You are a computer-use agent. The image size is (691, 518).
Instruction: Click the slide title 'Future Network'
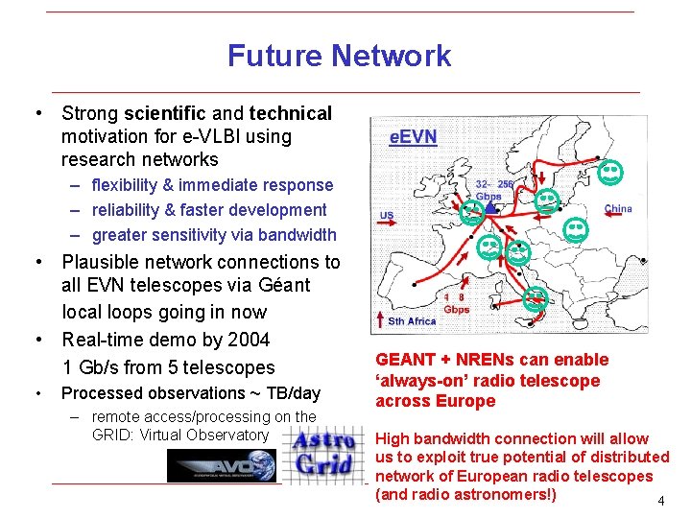point(339,56)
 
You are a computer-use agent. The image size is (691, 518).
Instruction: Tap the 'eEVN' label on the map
point(413,137)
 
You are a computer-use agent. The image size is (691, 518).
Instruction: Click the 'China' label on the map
point(617,208)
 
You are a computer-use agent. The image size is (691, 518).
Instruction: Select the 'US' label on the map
point(387,215)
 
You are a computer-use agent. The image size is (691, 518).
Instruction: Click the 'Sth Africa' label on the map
point(411,320)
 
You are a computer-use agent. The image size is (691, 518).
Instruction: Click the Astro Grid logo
point(325,456)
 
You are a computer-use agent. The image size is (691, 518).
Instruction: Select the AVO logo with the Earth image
point(223,466)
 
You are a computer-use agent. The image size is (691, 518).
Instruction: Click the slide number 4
point(660,501)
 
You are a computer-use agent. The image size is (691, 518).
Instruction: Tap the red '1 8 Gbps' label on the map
point(456,303)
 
